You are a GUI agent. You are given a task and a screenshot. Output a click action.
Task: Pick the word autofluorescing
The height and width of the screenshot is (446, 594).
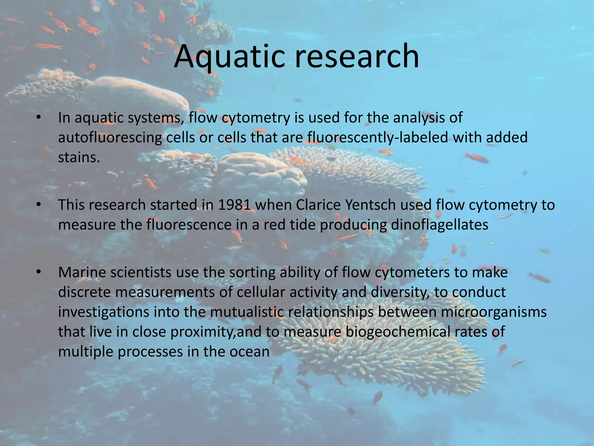(x=110, y=137)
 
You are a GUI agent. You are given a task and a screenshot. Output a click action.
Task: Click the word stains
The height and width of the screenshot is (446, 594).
(x=79, y=157)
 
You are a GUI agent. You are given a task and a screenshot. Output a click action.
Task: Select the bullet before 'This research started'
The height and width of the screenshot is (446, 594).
(x=38, y=205)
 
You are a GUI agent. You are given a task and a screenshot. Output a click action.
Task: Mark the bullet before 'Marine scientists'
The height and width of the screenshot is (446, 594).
(x=38, y=272)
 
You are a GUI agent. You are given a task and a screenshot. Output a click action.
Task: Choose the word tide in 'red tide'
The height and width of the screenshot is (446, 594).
(x=305, y=225)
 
